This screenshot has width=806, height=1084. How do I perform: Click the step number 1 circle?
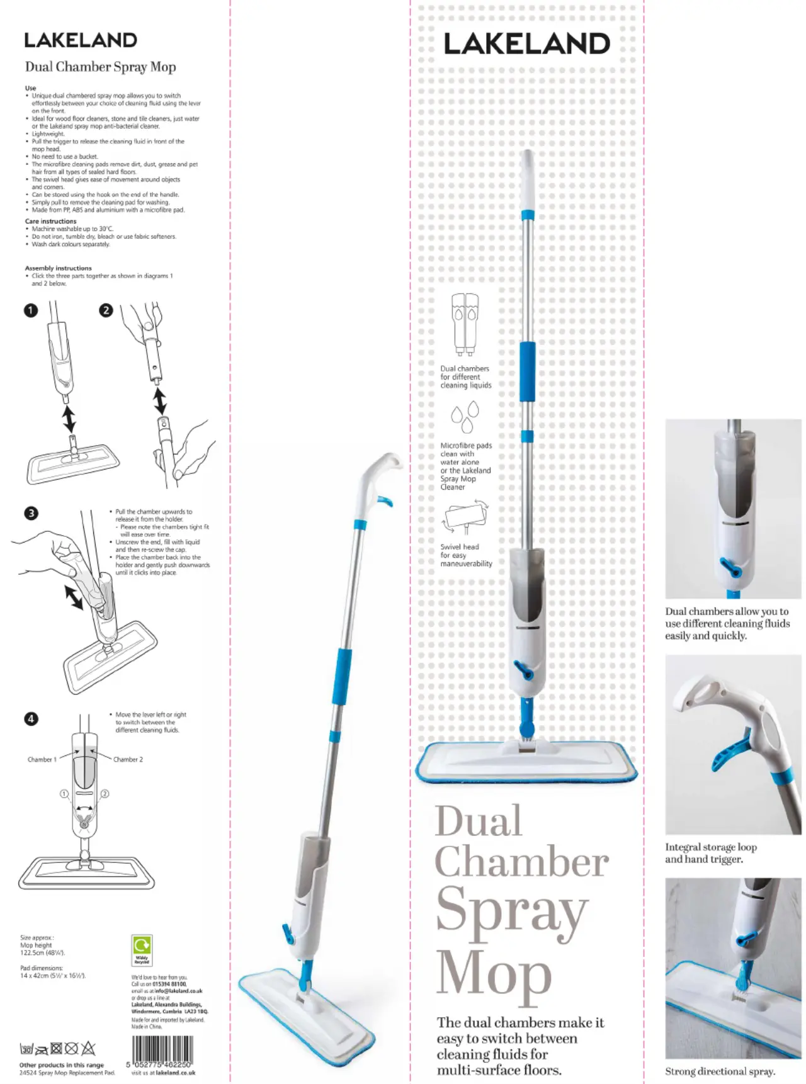[x=30, y=310]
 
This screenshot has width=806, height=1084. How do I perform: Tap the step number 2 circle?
[x=106, y=310]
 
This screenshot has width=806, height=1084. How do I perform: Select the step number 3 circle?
[x=30, y=513]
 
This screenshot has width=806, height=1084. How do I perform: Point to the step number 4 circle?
[x=30, y=718]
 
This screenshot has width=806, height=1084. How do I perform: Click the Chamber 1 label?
[x=42, y=760]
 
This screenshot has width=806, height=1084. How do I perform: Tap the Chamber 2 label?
[x=128, y=760]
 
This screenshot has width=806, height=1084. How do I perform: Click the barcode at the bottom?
[x=161, y=1049]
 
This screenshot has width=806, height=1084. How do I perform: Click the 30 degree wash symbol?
[x=26, y=1049]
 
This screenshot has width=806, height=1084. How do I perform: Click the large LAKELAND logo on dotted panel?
[x=526, y=43]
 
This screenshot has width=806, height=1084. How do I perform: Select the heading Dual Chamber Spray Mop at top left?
[x=100, y=67]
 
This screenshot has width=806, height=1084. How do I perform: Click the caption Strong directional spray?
[x=720, y=1071]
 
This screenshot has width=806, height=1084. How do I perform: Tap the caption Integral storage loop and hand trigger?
[x=711, y=853]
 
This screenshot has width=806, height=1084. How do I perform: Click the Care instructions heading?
[x=50, y=221]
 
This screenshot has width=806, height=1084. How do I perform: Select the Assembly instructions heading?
[x=58, y=268]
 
